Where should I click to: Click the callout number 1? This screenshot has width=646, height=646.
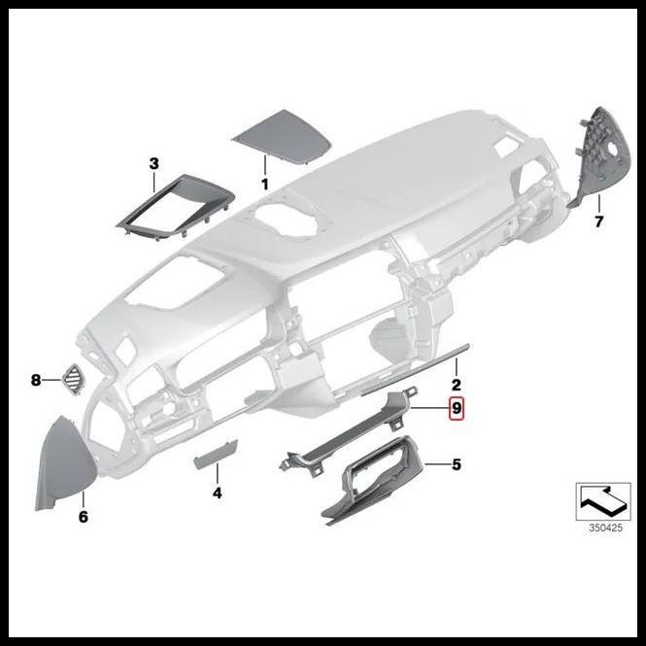(263, 184)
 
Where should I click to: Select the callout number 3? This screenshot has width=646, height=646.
(153, 163)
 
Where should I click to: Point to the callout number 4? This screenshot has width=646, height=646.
(218, 493)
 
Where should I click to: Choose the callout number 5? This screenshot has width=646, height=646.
(456, 465)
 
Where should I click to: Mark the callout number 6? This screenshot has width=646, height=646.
(84, 517)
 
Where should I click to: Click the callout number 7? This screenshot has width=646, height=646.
(598, 221)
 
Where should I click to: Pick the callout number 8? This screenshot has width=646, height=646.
(36, 380)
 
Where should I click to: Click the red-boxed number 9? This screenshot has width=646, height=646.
(457, 409)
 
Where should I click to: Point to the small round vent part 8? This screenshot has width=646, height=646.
(74, 378)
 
